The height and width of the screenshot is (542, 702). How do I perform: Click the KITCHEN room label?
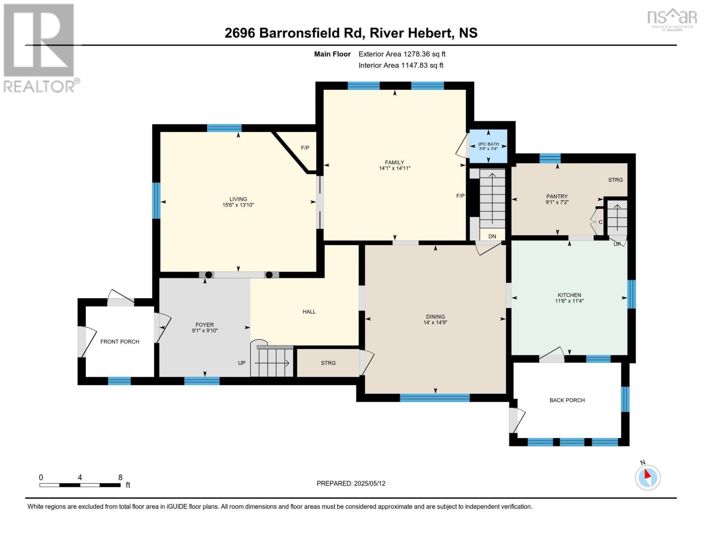tap(569, 295)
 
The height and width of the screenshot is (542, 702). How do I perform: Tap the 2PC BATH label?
tap(488, 144)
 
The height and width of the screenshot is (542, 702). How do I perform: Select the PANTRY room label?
tap(556, 196)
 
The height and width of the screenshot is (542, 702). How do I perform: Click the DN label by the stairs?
tap(492, 236)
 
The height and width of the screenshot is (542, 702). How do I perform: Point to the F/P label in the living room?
tap(305, 148)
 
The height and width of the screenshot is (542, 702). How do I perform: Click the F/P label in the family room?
tap(460, 196)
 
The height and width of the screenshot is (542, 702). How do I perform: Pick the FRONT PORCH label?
tap(120, 341)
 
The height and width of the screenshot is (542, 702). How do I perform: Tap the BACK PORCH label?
tap(567, 400)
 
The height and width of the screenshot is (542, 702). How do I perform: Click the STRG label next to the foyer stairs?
tap(328, 363)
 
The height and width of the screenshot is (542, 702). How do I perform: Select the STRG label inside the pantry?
tap(615, 180)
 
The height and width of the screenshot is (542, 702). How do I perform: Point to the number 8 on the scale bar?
tap(120, 477)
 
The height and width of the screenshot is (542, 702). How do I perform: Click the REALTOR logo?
tap(39, 47)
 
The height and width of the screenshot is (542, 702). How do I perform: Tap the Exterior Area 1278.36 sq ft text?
tap(402, 54)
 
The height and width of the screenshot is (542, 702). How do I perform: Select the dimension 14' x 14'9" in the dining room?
tap(435, 322)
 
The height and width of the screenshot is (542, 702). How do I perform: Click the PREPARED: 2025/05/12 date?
tap(351, 483)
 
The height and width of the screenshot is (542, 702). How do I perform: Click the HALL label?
tap(309, 312)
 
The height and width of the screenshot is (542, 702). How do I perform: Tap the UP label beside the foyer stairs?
tap(242, 363)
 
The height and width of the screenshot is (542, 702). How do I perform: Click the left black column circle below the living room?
tap(208, 275)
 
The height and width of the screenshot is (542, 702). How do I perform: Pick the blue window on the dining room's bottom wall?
tap(434, 398)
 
